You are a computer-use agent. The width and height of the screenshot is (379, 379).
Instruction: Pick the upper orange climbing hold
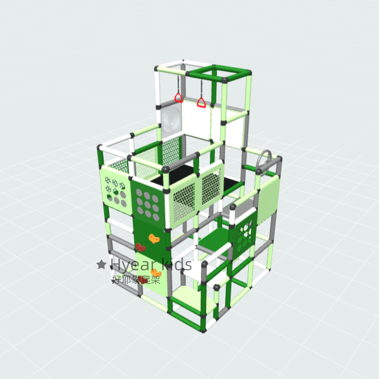click(154, 238)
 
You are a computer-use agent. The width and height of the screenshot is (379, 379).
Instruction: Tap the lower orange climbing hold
click(156, 273)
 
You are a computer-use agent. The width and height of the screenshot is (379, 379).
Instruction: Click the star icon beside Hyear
click(102, 264)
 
